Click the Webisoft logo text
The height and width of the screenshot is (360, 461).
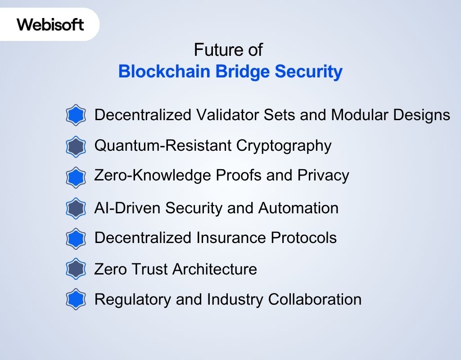pyautogui.click(x=50, y=24)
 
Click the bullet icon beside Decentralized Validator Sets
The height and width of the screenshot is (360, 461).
pyautogui.click(x=76, y=115)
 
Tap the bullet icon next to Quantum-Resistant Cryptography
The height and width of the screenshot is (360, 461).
pyautogui.click(x=76, y=146)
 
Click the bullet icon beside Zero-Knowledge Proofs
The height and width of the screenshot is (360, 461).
pyautogui.click(x=76, y=177)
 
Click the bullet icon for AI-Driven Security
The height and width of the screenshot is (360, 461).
pyautogui.click(x=76, y=208)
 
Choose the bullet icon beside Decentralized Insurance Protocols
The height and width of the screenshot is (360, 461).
pyautogui.click(x=76, y=238)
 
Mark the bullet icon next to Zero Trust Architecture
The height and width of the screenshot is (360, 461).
pyautogui.click(x=76, y=269)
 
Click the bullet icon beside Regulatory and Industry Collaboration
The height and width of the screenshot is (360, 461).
pyautogui.click(x=76, y=299)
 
